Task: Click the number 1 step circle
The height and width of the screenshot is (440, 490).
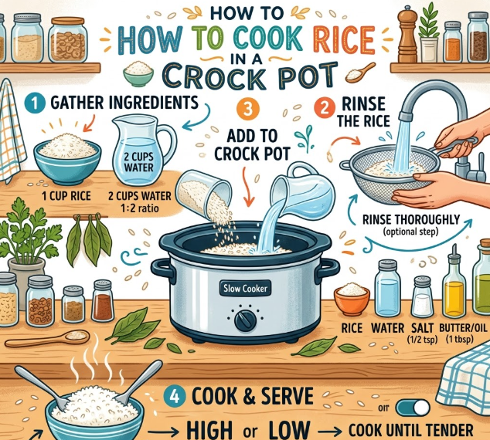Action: click(34, 103)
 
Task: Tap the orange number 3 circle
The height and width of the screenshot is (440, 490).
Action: click(248, 109)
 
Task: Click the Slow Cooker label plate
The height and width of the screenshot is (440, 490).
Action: click(245, 288)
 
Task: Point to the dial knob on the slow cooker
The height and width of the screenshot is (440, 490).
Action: click(246, 320)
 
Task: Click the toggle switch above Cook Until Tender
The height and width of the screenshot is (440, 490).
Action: click(413, 408)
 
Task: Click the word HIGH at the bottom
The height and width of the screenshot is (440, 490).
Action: click(209, 430)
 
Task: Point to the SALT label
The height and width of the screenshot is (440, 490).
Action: click(422, 328)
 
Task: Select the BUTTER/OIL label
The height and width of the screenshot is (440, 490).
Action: click(463, 328)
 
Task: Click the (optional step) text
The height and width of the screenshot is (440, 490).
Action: click(410, 232)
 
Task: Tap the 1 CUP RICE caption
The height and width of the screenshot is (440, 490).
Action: click(66, 196)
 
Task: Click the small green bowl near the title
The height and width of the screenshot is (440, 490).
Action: click(138, 73)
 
